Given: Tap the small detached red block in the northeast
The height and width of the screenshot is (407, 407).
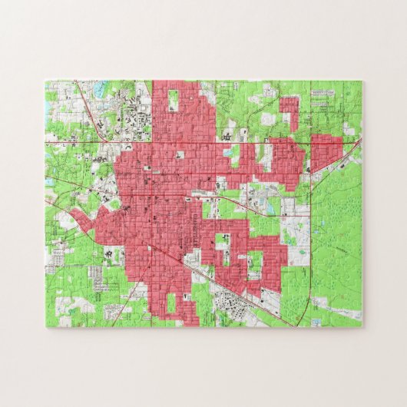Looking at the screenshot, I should click(289, 112).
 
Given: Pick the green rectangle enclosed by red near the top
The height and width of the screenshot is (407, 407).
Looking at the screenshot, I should click(174, 101).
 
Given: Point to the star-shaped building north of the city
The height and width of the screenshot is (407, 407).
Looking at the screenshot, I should click(228, 136).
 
